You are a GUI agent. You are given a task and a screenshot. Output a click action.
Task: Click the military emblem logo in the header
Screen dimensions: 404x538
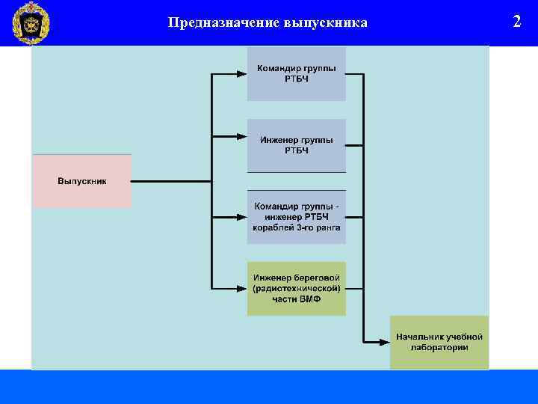[31, 23]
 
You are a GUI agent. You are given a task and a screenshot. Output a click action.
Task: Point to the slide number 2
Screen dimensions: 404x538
[516, 21]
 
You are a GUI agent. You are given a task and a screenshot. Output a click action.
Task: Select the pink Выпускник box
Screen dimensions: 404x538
[81, 181]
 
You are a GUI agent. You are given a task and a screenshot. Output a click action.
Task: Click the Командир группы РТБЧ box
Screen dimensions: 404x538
[297, 73]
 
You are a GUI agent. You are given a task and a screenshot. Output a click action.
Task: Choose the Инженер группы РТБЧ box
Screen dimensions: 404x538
[297, 145]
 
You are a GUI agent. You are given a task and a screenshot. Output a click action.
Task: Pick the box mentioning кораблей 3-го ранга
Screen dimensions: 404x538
[297, 217]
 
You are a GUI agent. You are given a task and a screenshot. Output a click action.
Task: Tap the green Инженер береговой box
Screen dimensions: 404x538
[297, 288]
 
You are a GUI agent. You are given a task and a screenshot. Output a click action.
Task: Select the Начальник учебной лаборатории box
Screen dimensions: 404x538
[439, 342]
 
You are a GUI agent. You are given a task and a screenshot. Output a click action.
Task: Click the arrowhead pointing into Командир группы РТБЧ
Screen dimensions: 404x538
[241, 74]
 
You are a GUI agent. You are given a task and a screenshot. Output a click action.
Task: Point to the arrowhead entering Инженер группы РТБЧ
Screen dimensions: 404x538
[241, 137]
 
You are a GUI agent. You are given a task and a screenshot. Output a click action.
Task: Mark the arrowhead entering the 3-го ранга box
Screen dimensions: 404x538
[241, 217]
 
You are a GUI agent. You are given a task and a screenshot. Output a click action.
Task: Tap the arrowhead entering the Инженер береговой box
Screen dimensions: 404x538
[241, 288]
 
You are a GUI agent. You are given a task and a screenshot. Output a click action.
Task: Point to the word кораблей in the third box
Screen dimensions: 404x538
[272, 227]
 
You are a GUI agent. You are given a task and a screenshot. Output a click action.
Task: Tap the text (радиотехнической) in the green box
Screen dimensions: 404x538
[297, 289]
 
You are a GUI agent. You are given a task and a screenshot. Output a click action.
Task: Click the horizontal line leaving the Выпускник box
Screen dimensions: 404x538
[172, 181]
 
